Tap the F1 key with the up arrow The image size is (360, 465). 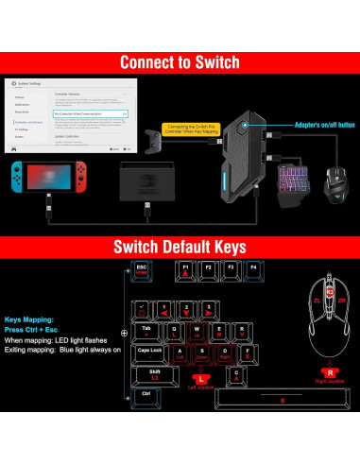pos(186,269)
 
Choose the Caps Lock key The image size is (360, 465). pos(151,351)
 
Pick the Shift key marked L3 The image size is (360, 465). pos(153,373)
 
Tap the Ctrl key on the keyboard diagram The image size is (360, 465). pos(146,394)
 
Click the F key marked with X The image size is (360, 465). pos(225,353)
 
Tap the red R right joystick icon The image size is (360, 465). pos(330,373)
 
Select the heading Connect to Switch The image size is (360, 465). pos(180,62)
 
